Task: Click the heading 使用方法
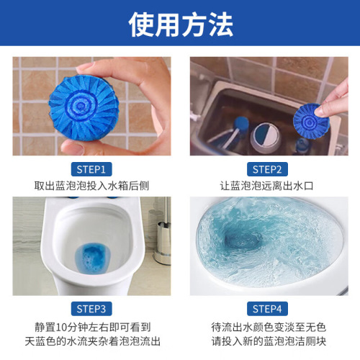[x=180, y=25]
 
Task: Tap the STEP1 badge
[x=89, y=170]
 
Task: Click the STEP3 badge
[x=89, y=309]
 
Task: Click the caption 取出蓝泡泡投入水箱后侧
[x=90, y=186]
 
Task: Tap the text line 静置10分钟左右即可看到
[x=90, y=325]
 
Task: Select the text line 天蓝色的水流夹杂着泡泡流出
[x=90, y=341]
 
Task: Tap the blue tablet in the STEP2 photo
[x=312, y=117]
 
